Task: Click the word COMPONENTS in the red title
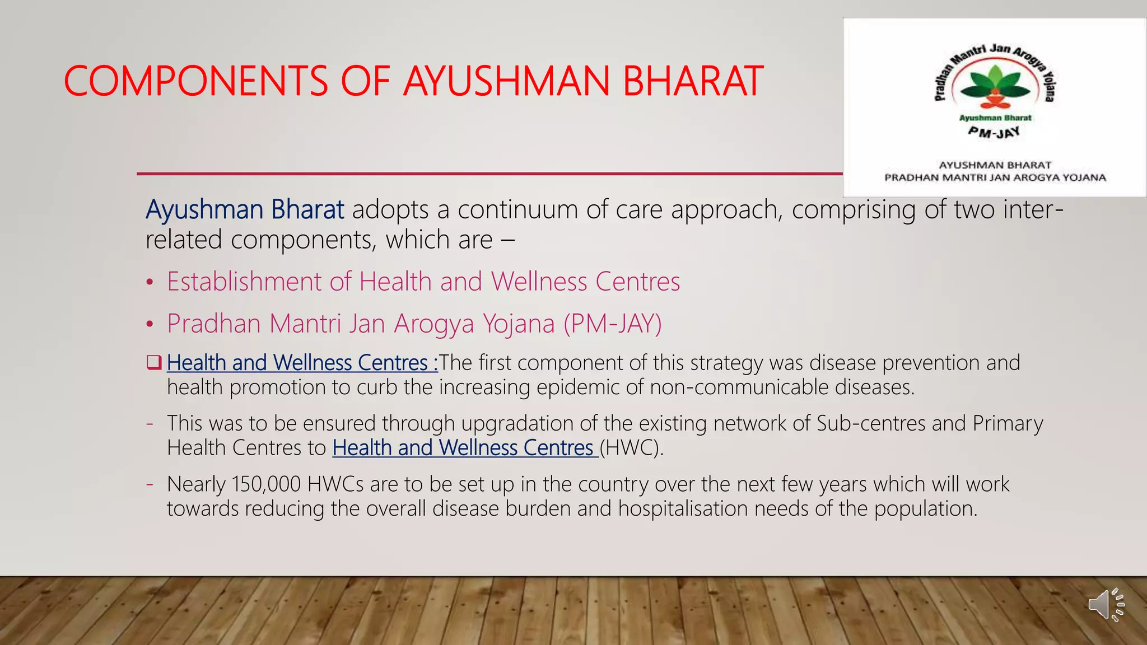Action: click(x=195, y=81)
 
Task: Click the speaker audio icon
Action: click(x=1106, y=605)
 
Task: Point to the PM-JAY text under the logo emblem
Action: click(x=994, y=132)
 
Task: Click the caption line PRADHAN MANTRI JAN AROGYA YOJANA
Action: click(x=995, y=177)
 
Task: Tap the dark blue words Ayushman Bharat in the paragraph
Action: click(x=245, y=209)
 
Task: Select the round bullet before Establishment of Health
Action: click(x=150, y=283)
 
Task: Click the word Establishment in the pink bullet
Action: click(x=245, y=282)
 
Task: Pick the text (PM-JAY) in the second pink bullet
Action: click(x=613, y=324)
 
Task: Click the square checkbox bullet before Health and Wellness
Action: click(x=153, y=362)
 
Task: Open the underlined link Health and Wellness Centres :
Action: click(x=302, y=363)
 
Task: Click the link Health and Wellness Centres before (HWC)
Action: click(x=465, y=448)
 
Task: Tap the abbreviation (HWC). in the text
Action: click(x=631, y=448)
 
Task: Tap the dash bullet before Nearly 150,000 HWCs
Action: click(x=150, y=484)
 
